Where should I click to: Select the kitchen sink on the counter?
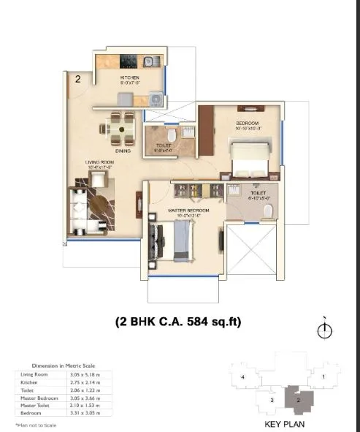coord(150,61)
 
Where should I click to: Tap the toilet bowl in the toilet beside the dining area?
coord(171,136)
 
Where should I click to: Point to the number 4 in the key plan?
coord(242,376)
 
